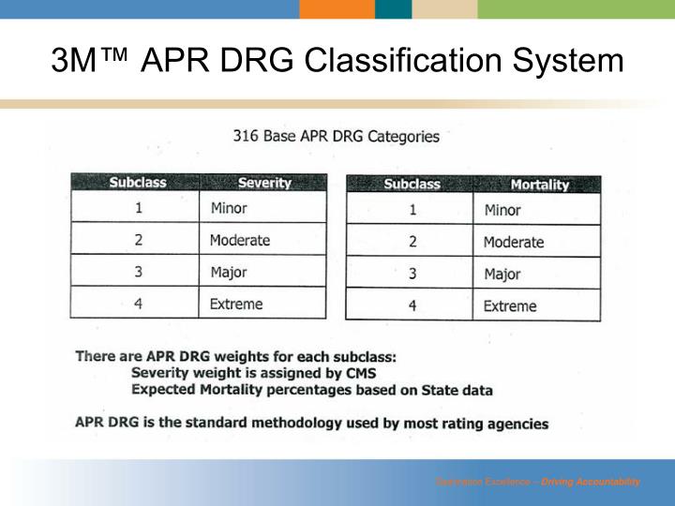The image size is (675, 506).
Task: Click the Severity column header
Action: [264, 183]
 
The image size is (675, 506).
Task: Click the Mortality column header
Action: [539, 185]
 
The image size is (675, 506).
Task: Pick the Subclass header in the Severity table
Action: [138, 183]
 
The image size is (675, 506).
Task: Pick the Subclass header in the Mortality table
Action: [412, 185]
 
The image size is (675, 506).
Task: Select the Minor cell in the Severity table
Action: [229, 208]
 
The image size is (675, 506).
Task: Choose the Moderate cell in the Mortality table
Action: [513, 242]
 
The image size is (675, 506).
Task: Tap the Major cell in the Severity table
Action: [229, 273]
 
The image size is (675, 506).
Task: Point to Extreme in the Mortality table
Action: [510, 305]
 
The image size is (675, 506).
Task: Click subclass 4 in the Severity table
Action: [138, 304]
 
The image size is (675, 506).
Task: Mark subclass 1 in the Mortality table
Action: [412, 210]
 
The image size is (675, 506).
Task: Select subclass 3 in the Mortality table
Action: [412, 275]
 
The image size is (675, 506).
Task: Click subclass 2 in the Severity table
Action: [138, 240]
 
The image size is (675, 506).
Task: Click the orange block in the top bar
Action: [337, 9]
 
